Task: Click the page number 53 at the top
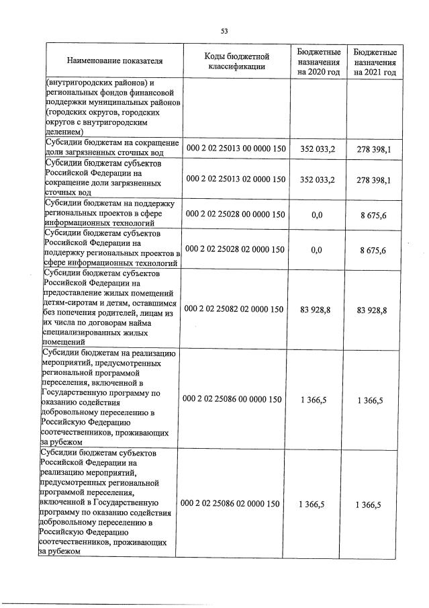coord(224,30)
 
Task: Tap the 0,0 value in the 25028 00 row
coord(318,214)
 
